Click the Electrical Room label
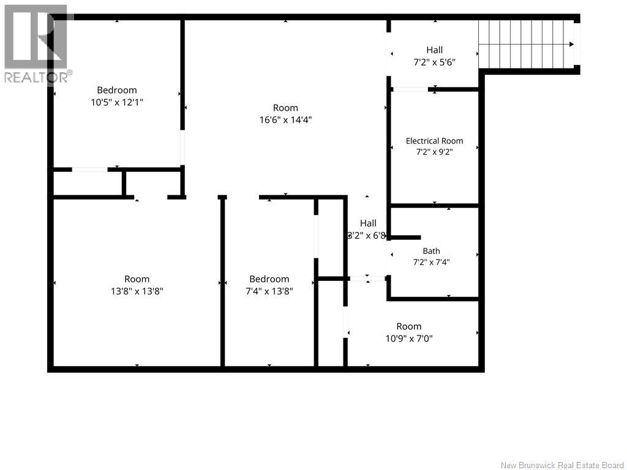click(x=434, y=141)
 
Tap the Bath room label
click(x=431, y=251)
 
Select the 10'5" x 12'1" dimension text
click(x=117, y=102)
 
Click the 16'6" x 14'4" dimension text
click(x=285, y=120)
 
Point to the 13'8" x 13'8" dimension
click(x=137, y=291)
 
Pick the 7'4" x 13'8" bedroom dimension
click(x=269, y=291)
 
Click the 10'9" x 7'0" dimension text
click(x=409, y=339)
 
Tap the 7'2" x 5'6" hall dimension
click(x=434, y=62)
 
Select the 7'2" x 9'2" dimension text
click(x=434, y=152)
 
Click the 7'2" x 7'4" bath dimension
click(x=431, y=262)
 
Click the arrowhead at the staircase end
click(x=572, y=44)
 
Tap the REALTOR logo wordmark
click(x=36, y=76)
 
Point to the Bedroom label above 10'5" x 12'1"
click(x=117, y=91)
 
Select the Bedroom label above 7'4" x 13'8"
click(x=269, y=279)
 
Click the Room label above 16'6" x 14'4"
click(x=285, y=108)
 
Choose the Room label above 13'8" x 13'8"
click(x=137, y=279)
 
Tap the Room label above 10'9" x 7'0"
click(x=409, y=327)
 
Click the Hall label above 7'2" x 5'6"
click(x=434, y=50)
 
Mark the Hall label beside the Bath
click(x=368, y=223)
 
